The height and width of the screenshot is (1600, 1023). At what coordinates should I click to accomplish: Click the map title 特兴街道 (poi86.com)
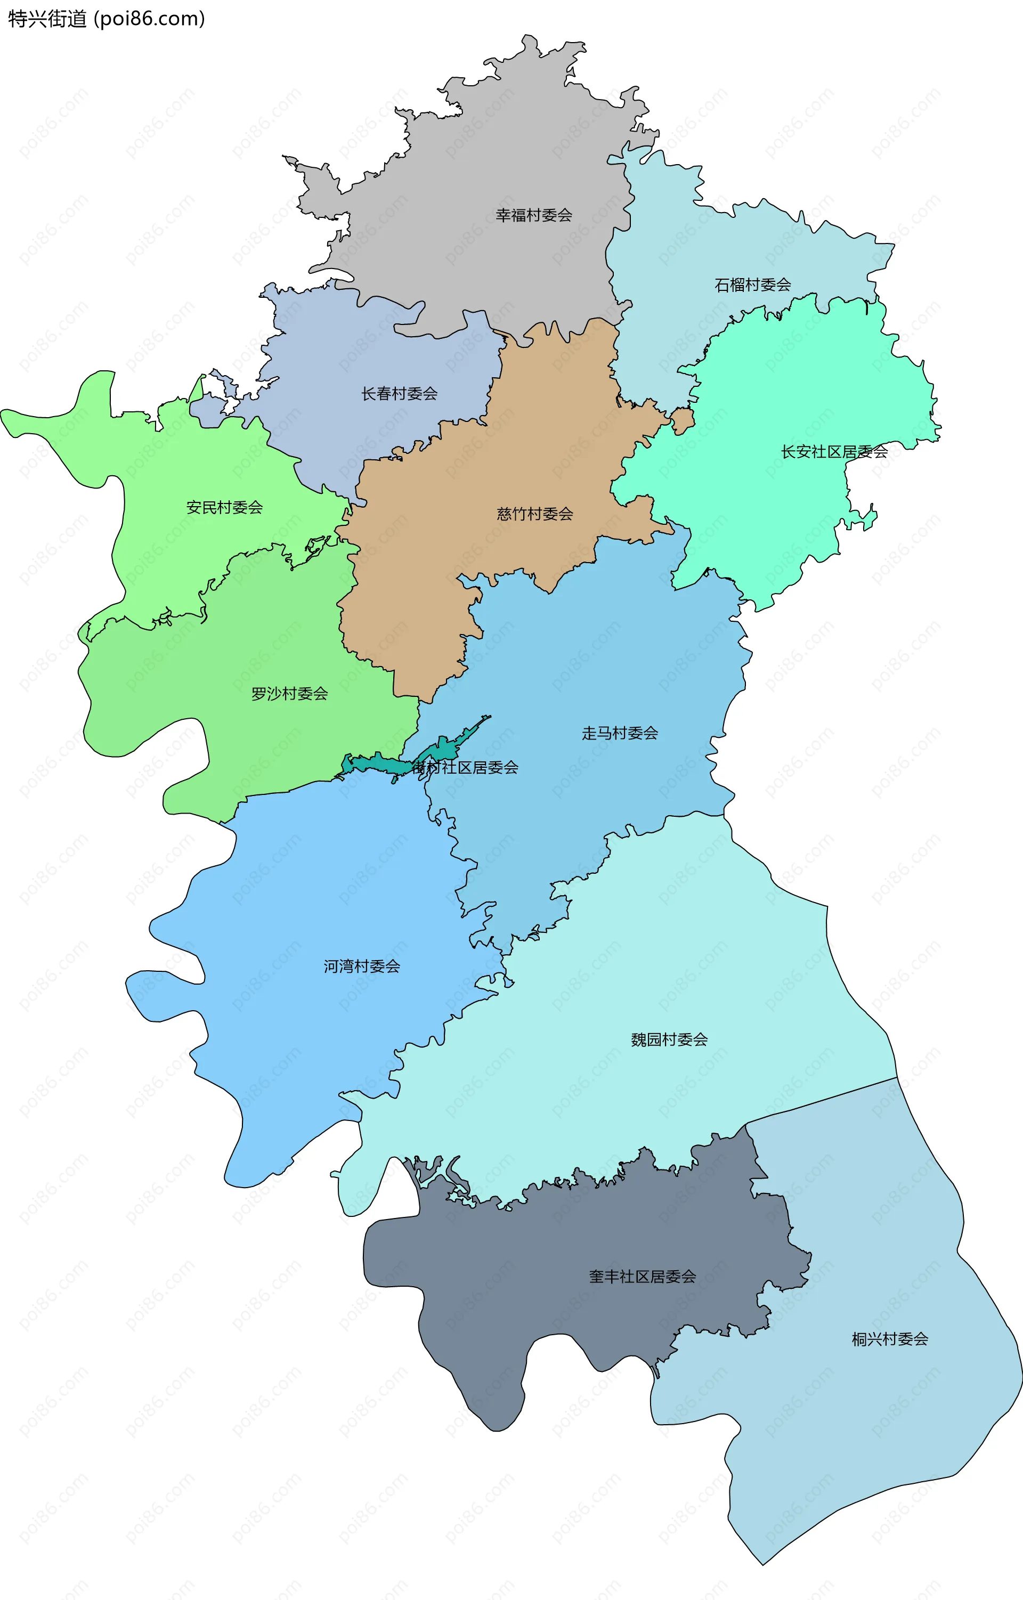tap(106, 19)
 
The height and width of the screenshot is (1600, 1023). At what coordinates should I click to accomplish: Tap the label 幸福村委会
tap(533, 215)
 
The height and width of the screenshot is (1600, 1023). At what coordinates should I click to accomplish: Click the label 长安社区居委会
tap(834, 452)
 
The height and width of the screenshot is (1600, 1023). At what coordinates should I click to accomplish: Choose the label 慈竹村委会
tap(535, 514)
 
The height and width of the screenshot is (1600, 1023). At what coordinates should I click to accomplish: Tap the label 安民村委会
tap(224, 508)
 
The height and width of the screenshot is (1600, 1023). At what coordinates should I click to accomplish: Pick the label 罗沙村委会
tap(290, 694)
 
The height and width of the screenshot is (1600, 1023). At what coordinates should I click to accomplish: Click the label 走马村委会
tap(620, 733)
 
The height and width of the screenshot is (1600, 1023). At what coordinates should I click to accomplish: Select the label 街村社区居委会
tap(465, 767)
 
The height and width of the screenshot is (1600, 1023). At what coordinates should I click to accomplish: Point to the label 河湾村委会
tap(362, 966)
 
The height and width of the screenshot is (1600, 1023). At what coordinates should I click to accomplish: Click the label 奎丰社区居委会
tap(643, 1277)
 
